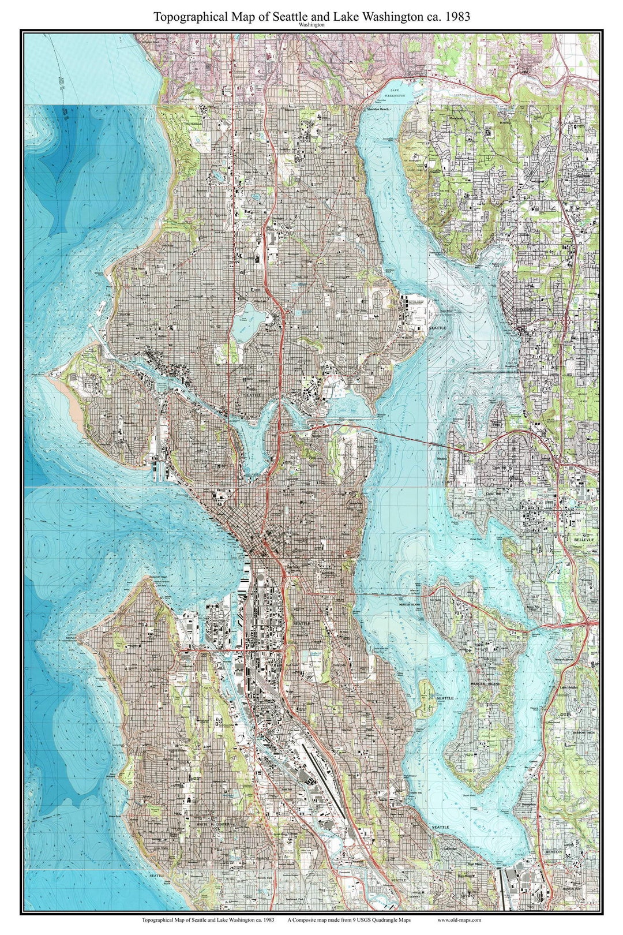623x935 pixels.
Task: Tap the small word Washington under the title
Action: [x=311, y=26]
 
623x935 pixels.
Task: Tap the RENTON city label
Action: [x=554, y=851]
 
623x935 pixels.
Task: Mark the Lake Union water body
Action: [x=254, y=439]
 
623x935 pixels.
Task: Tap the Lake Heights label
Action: [x=568, y=688]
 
